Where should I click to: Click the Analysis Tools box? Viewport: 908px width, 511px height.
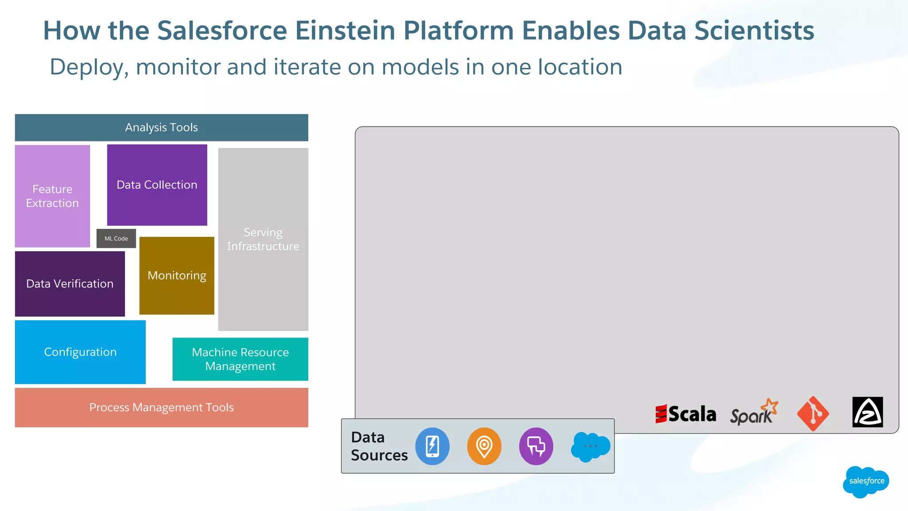(161, 128)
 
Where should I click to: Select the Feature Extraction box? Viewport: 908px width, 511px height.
(52, 196)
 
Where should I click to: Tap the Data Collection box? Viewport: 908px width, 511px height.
(157, 185)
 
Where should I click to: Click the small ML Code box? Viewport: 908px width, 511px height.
(116, 239)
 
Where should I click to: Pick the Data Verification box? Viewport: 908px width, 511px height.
(70, 284)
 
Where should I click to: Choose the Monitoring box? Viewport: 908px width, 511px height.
(176, 276)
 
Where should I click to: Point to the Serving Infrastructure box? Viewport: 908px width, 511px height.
(263, 240)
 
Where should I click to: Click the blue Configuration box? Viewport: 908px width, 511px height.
(80, 352)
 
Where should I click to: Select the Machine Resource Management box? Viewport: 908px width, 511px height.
(240, 359)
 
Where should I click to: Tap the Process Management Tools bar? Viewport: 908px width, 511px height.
(161, 408)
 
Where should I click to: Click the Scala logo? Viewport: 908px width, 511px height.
(685, 414)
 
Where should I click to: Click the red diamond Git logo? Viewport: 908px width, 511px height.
(813, 413)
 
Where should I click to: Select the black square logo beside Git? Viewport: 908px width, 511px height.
(867, 412)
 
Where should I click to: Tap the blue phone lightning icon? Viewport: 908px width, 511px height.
(432, 446)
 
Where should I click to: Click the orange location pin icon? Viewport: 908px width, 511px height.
(484, 446)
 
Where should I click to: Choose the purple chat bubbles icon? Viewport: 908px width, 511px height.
(536, 446)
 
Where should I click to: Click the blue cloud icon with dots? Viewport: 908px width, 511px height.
(590, 447)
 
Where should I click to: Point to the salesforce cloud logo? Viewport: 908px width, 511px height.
(866, 481)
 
